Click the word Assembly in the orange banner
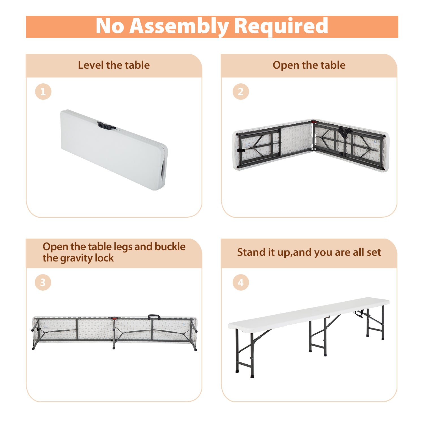point(179,27)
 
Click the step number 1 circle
point(43,92)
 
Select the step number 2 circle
point(241,92)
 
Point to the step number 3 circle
point(43,282)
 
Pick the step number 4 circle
point(241,282)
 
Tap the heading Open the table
point(309,65)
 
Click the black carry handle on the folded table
point(106,126)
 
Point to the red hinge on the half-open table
point(313,122)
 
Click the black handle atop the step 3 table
point(154,317)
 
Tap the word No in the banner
point(110,26)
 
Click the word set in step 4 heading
point(374,252)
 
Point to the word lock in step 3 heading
point(104,258)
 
